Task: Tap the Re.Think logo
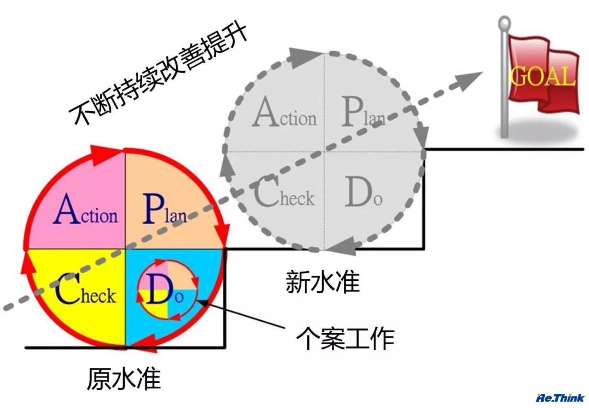tap(560, 397)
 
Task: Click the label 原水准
tap(123, 379)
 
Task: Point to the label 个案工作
tap(345, 339)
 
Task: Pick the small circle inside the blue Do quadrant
tap(167, 289)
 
